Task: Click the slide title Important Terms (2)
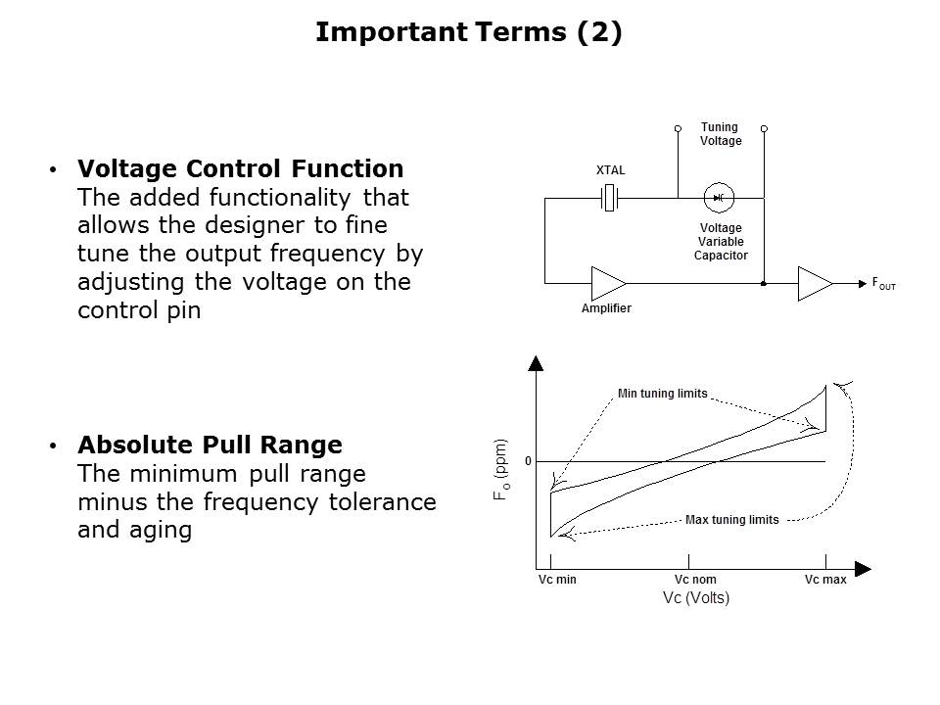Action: coord(469,31)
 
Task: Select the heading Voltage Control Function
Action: coord(241,168)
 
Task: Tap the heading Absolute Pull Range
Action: coord(210,445)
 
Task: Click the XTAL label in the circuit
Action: coord(610,170)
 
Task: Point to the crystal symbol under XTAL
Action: coord(609,198)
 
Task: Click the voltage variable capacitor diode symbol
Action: coord(719,198)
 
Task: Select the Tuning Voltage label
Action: coord(721,134)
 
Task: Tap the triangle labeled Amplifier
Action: coord(608,283)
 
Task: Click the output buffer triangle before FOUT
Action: coord(816,284)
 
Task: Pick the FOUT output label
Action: coord(883,284)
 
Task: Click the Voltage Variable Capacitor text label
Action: coord(721,242)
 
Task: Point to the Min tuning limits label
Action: coord(663,394)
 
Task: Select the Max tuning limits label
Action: coord(732,520)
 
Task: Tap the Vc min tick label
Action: coord(557,580)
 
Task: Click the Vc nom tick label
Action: coord(695,580)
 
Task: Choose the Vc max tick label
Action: coord(825,580)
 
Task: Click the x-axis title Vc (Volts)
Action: coord(696,597)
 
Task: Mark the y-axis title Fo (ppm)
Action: coord(501,469)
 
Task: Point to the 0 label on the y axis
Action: coord(528,461)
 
